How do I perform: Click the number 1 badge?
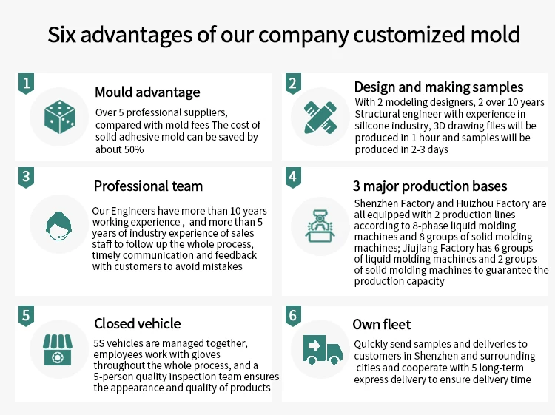pos(26,84)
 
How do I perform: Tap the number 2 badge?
pos(293,84)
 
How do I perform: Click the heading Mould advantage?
pos(147,92)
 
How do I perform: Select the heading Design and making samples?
pos(439,87)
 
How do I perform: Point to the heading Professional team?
pos(148,186)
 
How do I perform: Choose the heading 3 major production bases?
pos(430,186)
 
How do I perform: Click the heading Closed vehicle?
pos(137,324)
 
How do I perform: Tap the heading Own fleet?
pos(382,324)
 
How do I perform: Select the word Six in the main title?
pos(64,35)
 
